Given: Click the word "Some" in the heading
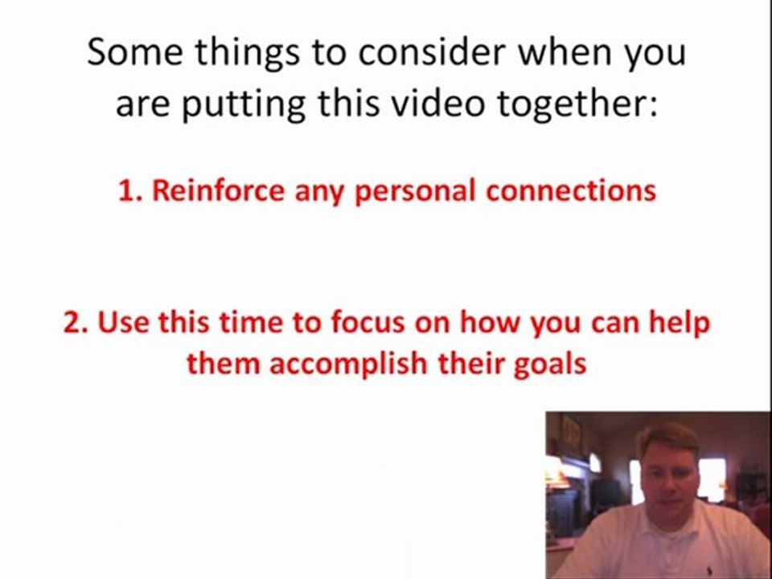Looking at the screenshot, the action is (135, 51).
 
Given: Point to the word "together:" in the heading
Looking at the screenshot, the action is (577, 105).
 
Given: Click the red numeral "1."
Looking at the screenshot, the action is (131, 191).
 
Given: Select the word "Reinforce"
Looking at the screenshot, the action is (218, 190).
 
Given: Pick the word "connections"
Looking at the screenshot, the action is (571, 191).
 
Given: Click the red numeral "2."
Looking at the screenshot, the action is (76, 322).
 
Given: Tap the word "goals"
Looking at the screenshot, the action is (549, 365).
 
